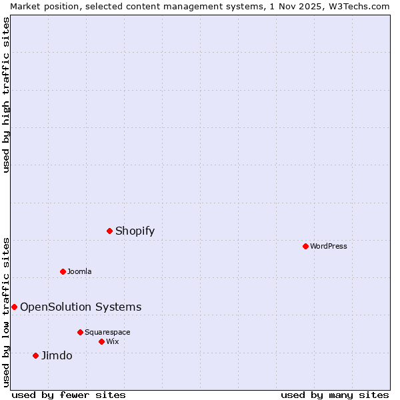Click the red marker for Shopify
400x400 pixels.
(110, 231)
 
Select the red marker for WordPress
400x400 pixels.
(306, 246)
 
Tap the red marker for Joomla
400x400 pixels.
(63, 271)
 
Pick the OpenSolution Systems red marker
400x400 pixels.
(14, 307)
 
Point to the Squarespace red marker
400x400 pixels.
(80, 332)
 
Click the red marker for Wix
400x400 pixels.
(101, 341)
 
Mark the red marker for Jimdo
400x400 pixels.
(36, 355)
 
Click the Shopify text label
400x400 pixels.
(135, 231)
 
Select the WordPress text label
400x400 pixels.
(329, 246)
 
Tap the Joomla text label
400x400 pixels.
(79, 271)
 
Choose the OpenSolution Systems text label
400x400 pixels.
(81, 307)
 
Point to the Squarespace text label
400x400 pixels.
(107, 332)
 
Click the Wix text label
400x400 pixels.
(113, 341)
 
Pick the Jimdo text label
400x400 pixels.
(57, 355)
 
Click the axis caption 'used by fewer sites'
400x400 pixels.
(69, 395)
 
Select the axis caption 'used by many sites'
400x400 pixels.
(335, 395)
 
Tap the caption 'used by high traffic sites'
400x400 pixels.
(6, 95)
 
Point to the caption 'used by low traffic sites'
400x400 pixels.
(6, 312)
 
